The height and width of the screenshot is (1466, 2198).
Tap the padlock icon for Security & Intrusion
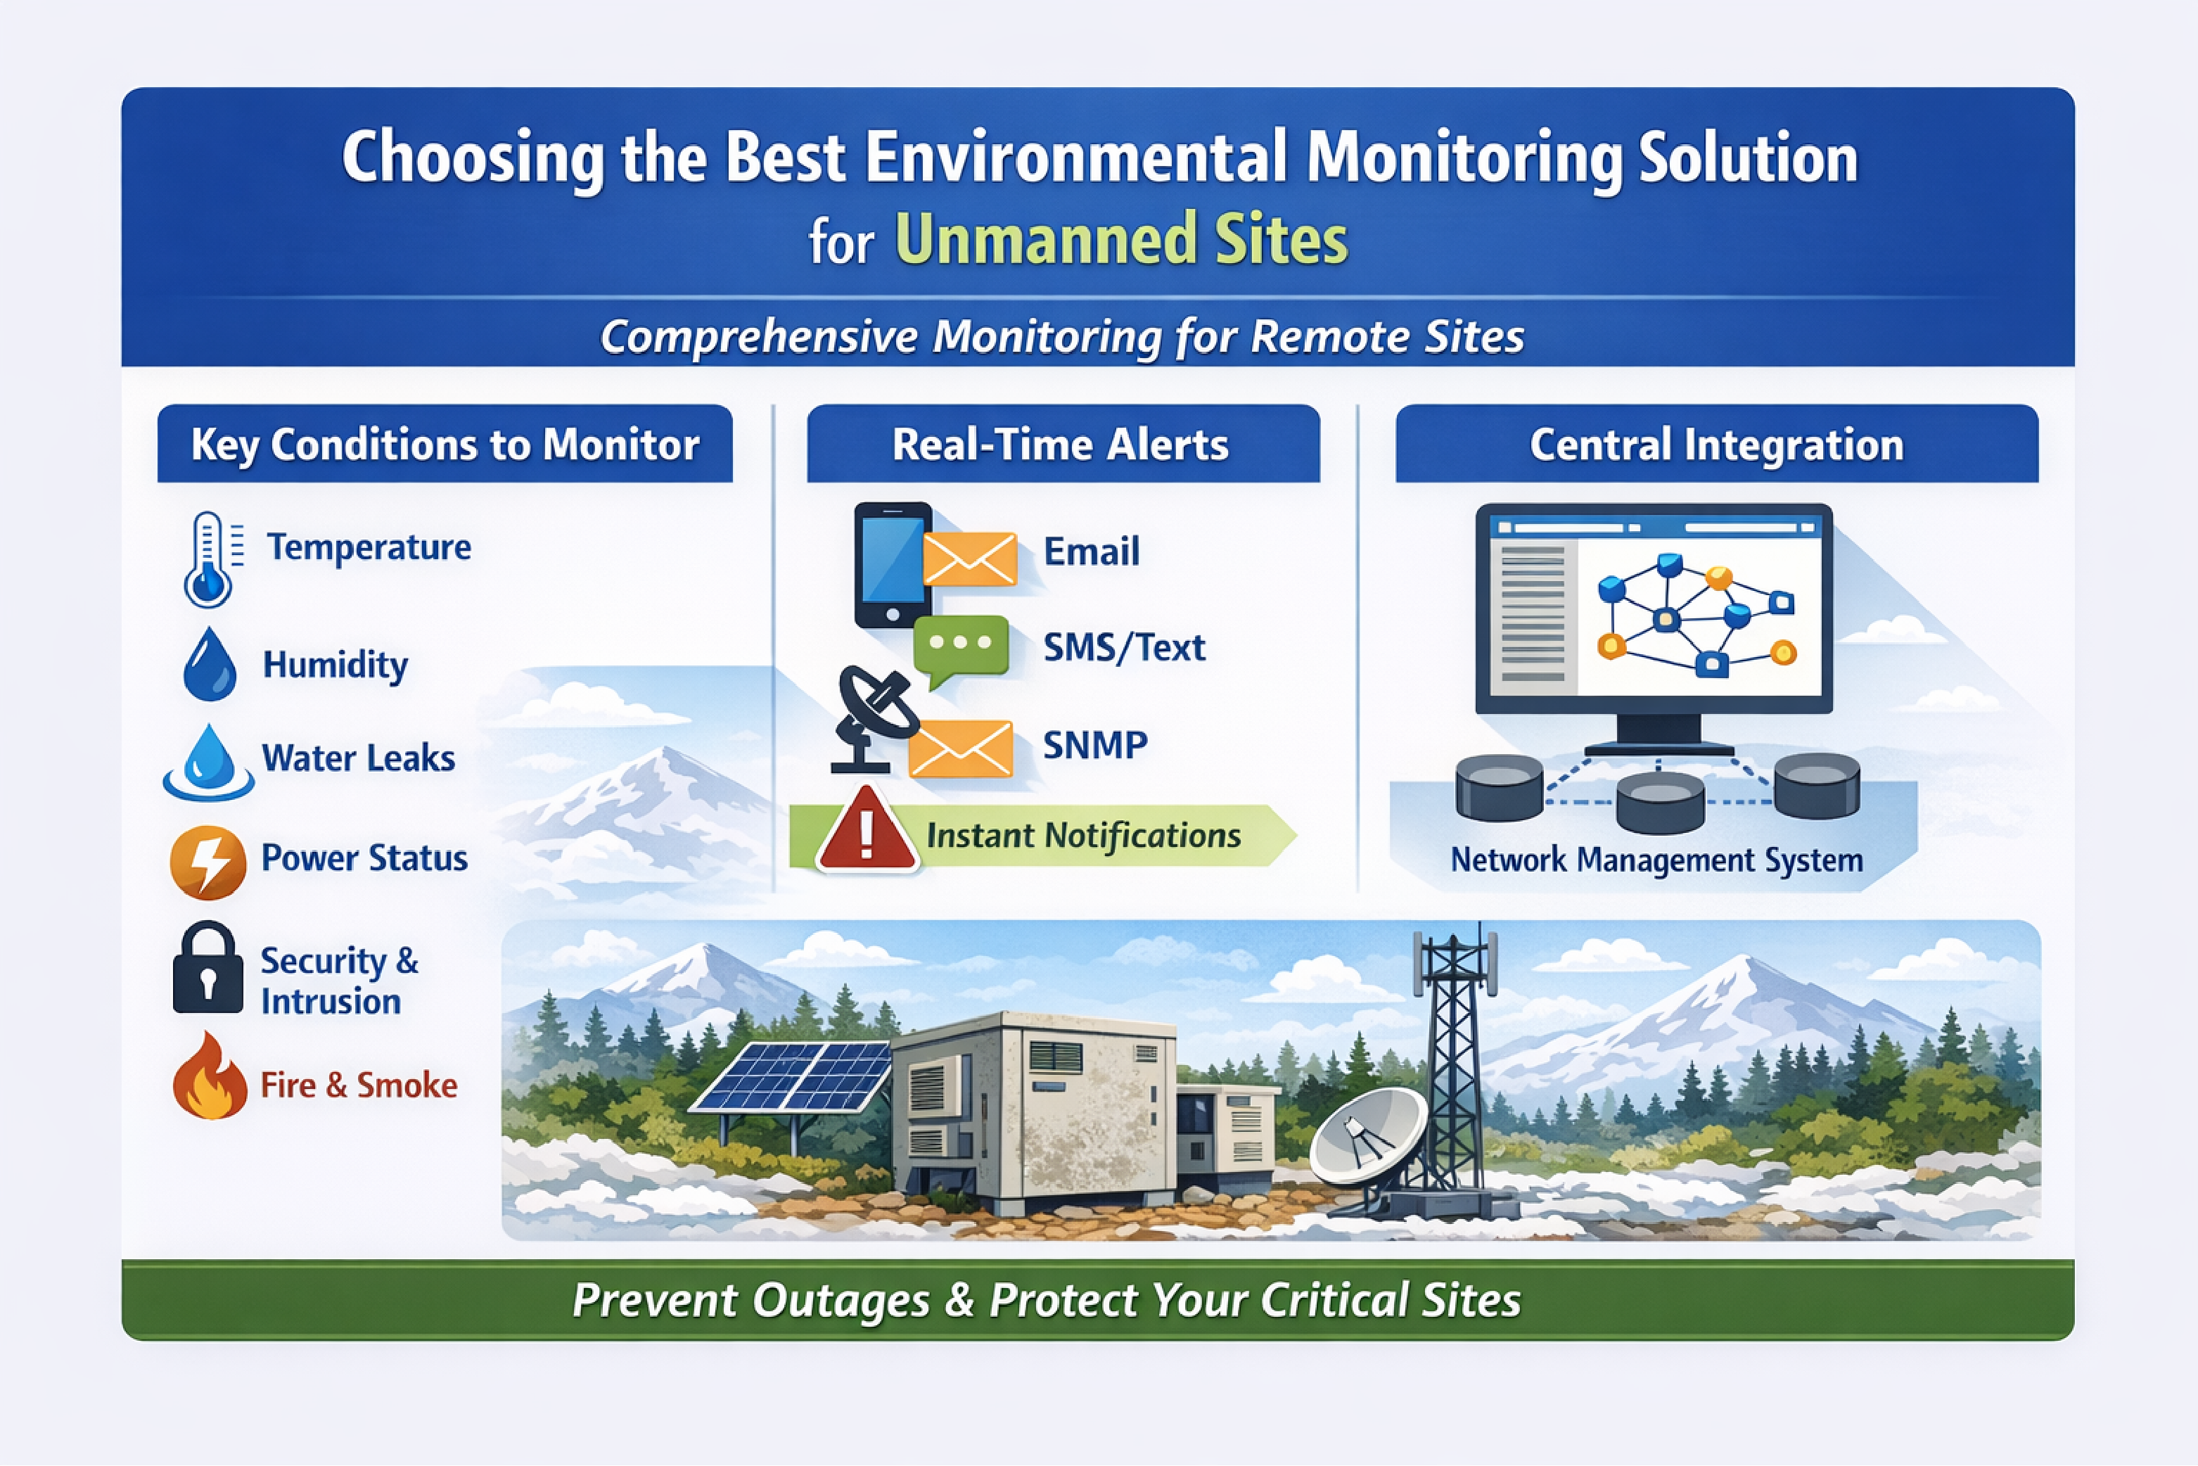[x=207, y=969]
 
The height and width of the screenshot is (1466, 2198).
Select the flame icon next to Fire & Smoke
[x=210, y=1078]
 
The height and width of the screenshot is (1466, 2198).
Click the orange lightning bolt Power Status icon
[x=207, y=861]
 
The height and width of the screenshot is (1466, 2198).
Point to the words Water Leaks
[x=358, y=758]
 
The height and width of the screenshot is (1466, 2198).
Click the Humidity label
[x=335, y=665]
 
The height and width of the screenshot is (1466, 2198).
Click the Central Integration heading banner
[x=1715, y=444]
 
